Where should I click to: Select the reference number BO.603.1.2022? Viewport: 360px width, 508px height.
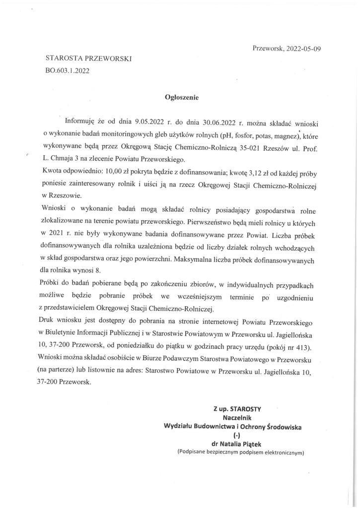click(x=67, y=70)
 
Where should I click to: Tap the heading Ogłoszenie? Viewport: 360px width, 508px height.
click(x=181, y=98)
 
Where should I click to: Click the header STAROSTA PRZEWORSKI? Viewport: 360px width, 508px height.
click(x=88, y=59)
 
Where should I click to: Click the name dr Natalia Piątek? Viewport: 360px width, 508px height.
click(x=240, y=444)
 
